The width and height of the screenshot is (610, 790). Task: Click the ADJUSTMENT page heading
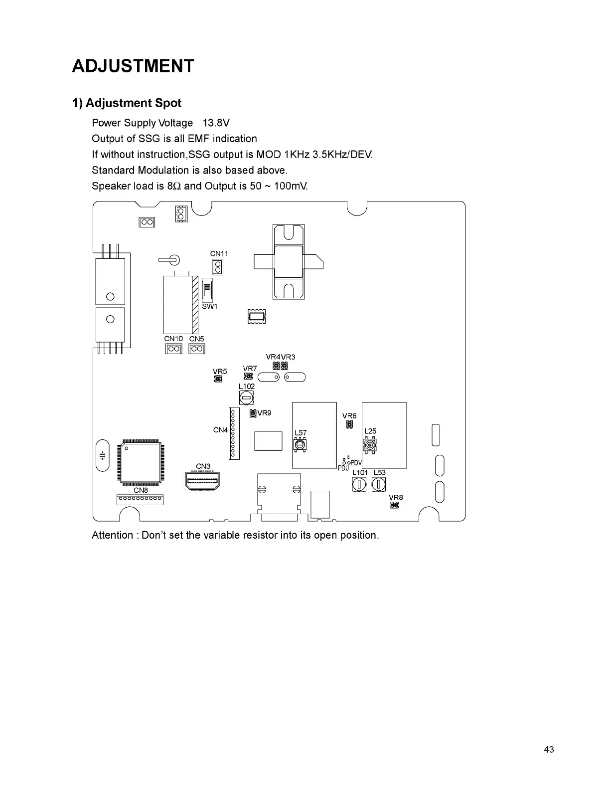(133, 66)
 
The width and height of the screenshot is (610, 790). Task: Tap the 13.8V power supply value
(216, 123)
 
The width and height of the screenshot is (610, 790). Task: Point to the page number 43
(549, 750)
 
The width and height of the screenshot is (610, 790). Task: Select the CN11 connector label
(219, 254)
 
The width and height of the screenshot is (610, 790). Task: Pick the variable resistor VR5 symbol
(218, 380)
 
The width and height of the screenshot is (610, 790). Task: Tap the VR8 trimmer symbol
(395, 505)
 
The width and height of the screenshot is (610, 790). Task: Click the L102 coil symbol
(247, 398)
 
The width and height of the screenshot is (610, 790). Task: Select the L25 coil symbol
(369, 444)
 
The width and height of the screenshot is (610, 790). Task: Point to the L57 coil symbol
(300, 445)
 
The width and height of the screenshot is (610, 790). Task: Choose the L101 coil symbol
(359, 484)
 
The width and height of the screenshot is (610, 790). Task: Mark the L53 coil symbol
(379, 484)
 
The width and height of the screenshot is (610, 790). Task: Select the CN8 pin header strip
(140, 499)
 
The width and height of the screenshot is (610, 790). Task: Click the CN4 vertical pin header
(233, 433)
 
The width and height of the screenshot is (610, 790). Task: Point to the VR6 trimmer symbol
(349, 425)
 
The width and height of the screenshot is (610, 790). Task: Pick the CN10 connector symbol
(173, 349)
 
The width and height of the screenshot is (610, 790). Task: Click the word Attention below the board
(112, 536)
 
